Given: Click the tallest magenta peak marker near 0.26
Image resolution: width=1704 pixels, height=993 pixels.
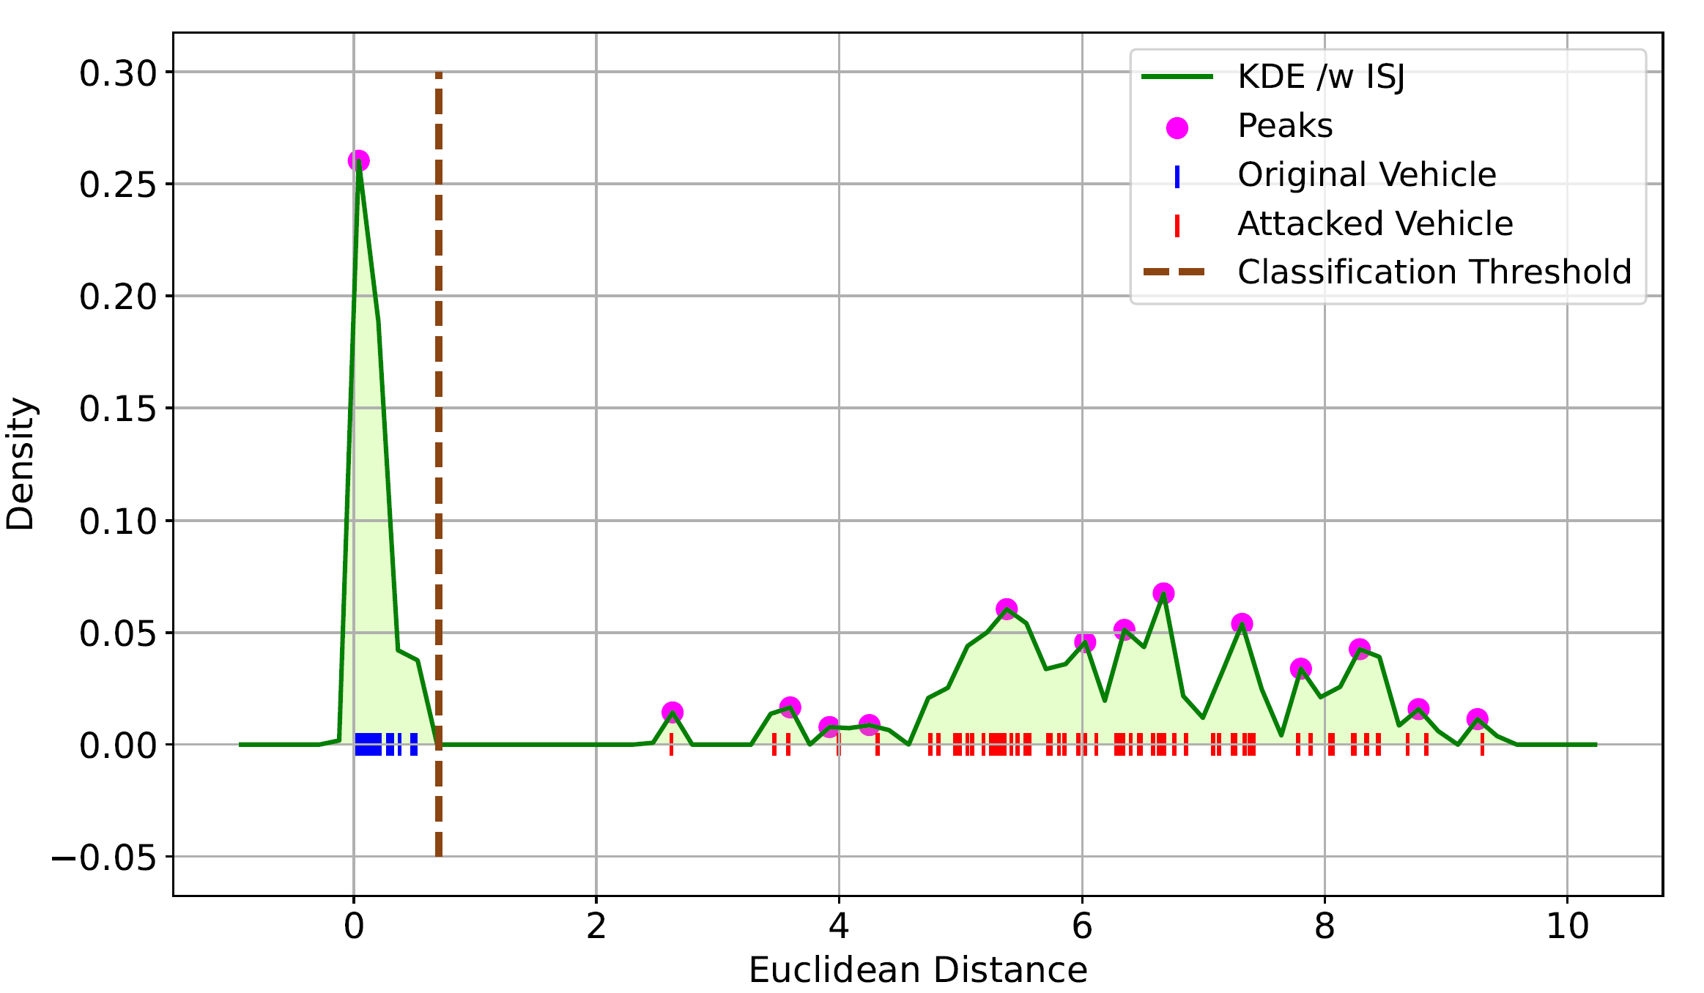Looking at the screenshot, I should click(358, 160).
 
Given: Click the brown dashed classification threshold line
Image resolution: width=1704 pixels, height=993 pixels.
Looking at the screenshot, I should click(438, 439).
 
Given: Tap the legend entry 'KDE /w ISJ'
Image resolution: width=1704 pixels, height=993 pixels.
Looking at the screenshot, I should click(1320, 77).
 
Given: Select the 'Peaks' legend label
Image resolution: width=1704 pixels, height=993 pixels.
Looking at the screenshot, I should click(1284, 126).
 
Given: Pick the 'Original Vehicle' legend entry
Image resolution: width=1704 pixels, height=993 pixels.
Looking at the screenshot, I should click(1366, 175).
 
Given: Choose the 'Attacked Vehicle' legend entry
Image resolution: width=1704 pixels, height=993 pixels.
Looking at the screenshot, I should click(1374, 224).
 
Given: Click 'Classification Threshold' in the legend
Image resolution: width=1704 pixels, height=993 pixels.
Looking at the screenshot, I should click(1434, 272).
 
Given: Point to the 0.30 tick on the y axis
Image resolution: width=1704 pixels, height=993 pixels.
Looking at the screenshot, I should click(118, 73).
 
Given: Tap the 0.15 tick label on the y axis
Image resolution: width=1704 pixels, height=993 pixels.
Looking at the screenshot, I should click(118, 409).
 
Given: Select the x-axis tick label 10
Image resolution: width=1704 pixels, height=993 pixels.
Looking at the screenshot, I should click(1567, 927).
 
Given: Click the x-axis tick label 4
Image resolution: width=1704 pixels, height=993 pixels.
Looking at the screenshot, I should click(839, 927).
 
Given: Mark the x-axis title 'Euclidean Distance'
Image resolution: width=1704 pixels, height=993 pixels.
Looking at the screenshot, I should click(917, 970).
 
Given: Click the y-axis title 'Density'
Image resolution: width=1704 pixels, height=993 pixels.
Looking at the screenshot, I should click(21, 464).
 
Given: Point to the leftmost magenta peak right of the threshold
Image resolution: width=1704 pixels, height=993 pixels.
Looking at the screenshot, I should click(672, 712).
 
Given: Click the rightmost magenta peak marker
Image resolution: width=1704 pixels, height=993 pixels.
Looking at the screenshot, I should click(1477, 718).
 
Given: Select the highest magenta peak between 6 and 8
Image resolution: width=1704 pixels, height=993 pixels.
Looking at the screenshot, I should click(1163, 593).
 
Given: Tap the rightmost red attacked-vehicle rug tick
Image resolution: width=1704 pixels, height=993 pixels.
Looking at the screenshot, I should click(1482, 745).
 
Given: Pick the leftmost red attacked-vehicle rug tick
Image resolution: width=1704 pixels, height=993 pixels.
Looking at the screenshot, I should click(671, 745).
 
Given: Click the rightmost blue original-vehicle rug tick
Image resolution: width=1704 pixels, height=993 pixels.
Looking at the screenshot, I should click(414, 745).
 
